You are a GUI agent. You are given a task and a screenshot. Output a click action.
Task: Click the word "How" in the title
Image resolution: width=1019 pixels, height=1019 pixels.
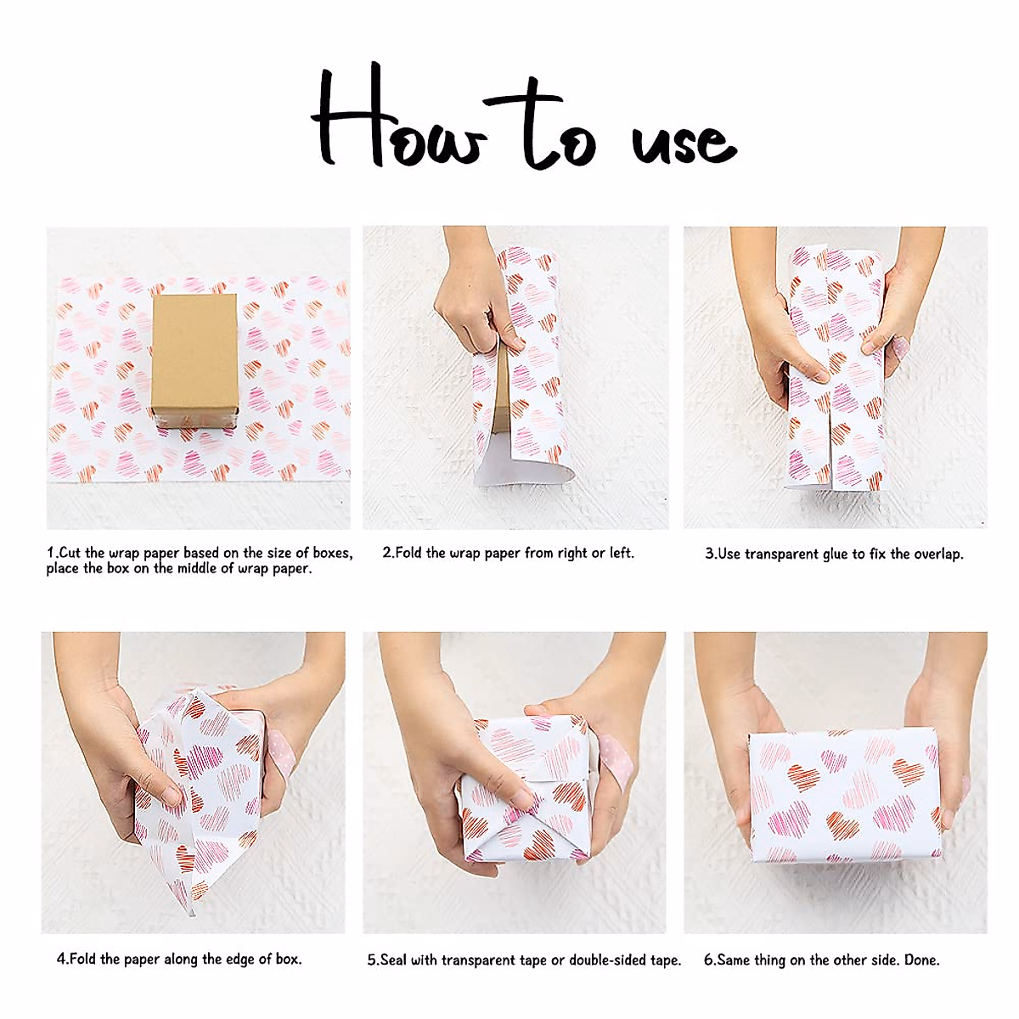[399, 123]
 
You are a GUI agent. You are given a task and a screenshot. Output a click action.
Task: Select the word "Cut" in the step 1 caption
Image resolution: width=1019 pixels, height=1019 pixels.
[70, 553]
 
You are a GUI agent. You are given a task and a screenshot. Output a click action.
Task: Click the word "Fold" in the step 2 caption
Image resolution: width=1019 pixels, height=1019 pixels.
[408, 553]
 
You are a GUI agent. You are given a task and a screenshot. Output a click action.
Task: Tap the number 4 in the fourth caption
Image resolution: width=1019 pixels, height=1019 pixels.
[61, 960]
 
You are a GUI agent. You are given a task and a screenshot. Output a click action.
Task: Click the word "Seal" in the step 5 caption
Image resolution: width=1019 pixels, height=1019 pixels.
[393, 960]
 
